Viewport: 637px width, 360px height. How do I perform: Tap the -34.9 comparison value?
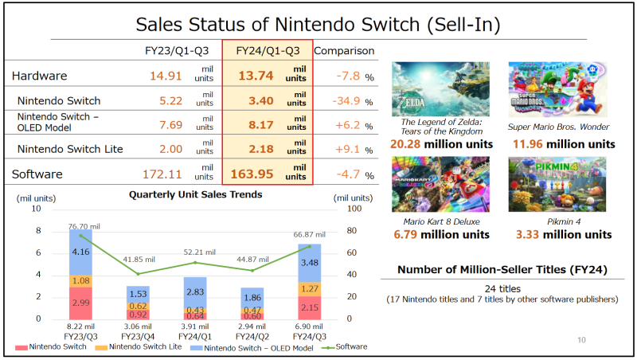coord(345,101)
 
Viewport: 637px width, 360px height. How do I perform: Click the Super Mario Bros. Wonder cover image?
coord(557,89)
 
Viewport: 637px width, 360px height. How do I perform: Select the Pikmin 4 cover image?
coord(557,184)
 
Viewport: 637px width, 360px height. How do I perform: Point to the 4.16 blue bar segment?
coord(80,252)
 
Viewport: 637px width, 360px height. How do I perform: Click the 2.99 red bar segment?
coord(80,303)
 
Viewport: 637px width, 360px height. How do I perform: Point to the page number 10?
coord(581,340)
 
